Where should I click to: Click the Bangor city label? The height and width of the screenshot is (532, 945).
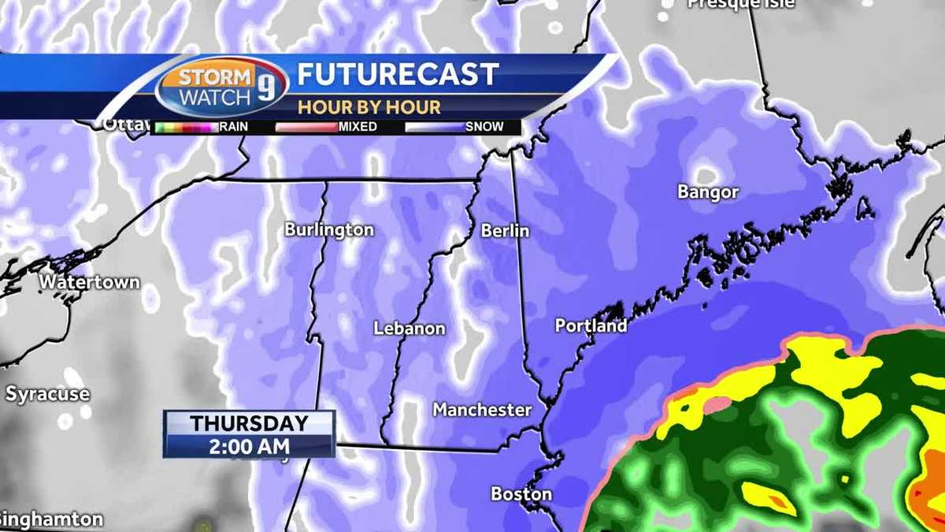pyautogui.click(x=708, y=192)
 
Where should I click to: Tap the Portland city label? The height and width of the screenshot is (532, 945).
pyautogui.click(x=591, y=326)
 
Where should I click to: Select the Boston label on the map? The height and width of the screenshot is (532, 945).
pyautogui.click(x=521, y=494)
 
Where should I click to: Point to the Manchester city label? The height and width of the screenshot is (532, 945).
pyautogui.click(x=482, y=410)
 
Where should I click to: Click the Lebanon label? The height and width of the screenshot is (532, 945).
pyautogui.click(x=409, y=329)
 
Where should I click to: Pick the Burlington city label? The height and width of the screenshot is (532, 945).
pyautogui.click(x=329, y=230)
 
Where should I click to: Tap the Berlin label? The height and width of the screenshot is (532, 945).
pyautogui.click(x=506, y=231)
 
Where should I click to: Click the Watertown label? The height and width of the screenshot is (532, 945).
pyautogui.click(x=90, y=281)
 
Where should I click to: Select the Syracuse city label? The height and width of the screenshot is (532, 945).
pyautogui.click(x=48, y=394)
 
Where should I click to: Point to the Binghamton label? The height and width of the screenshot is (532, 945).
pyautogui.click(x=51, y=520)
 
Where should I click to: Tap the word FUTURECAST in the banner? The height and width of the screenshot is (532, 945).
pyautogui.click(x=398, y=75)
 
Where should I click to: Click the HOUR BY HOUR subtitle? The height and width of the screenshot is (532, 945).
pyautogui.click(x=369, y=107)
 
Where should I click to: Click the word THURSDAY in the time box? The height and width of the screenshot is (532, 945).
pyautogui.click(x=249, y=423)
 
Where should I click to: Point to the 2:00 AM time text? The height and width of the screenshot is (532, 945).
pyautogui.click(x=249, y=446)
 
